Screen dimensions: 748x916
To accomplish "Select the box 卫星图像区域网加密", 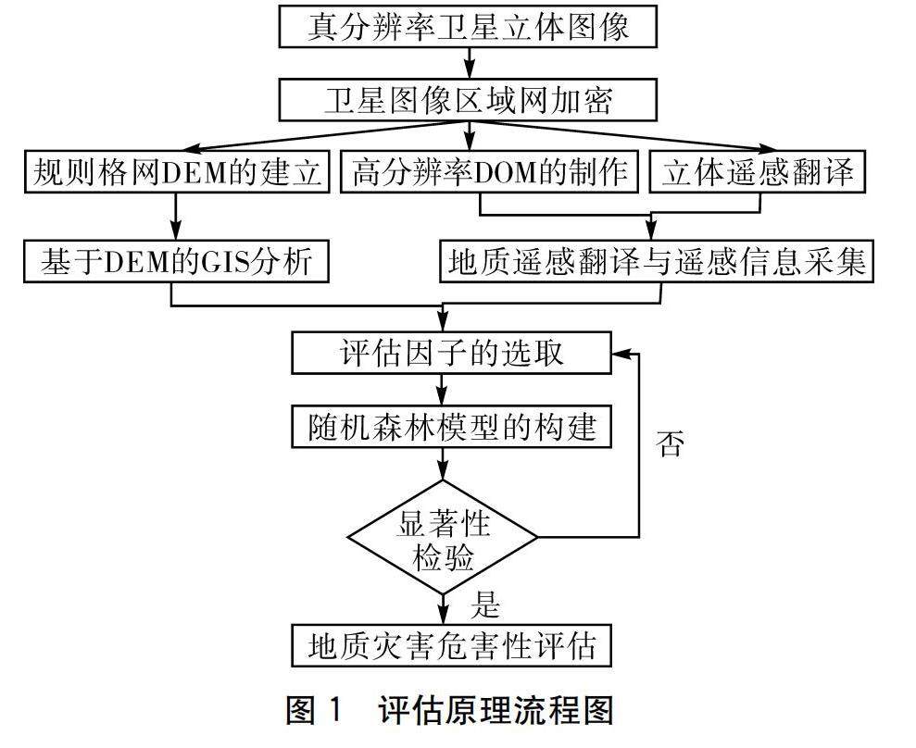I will coord(468,99).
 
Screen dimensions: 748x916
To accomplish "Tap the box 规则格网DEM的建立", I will coord(175,172).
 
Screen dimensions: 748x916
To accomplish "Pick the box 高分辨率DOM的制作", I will coord(490,172).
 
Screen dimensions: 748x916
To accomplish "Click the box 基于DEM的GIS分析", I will coord(175,262).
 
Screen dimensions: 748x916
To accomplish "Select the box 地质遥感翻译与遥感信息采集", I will coord(657,262).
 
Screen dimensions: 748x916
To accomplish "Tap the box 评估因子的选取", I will coord(451,354).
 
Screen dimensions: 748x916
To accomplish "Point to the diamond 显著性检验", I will coord(443,539).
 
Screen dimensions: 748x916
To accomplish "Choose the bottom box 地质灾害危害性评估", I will coord(451,645).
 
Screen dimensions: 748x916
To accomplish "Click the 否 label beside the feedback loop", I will coord(670,445).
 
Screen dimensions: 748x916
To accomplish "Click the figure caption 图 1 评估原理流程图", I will coord(451,712).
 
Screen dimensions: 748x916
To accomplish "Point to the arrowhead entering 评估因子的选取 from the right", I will coord(621,354).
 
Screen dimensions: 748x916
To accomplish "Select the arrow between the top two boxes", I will coord(470,62).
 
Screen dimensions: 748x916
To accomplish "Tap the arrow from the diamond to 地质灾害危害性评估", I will coord(444,609).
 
